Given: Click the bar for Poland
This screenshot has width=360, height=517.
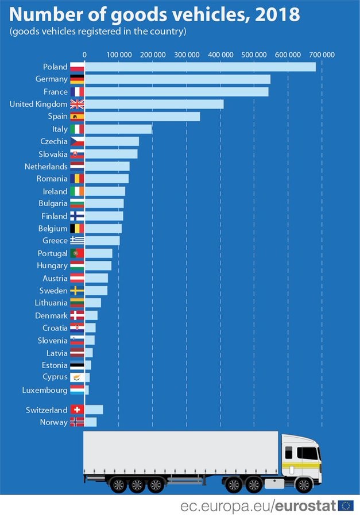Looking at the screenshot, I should pos(200,67).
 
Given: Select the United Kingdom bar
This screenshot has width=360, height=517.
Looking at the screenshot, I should pos(154,104).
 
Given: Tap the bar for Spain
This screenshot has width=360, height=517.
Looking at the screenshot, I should pos(142,117).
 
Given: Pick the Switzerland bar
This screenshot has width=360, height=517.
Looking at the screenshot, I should pos(94,410).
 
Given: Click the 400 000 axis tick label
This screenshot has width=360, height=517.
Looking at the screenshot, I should pos(220,55).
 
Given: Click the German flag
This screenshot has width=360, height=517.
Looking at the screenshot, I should pos(77,79).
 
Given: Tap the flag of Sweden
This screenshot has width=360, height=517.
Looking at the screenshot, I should pos(77,291).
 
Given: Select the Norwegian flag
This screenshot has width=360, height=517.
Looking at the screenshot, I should pos(77,422).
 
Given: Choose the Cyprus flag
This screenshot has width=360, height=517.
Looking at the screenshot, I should pos(77,377).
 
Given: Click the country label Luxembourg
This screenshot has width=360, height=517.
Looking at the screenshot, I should pos(45,390).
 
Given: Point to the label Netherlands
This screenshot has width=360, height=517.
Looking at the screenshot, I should pos(46,167).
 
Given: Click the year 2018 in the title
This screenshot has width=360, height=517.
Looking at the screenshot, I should pos(278,13).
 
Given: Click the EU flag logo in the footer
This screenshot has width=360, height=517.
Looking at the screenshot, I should pos(346,506).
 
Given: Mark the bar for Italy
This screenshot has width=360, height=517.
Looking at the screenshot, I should pos(118,129).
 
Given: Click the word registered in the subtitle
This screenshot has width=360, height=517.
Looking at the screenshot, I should pos(100,31).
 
